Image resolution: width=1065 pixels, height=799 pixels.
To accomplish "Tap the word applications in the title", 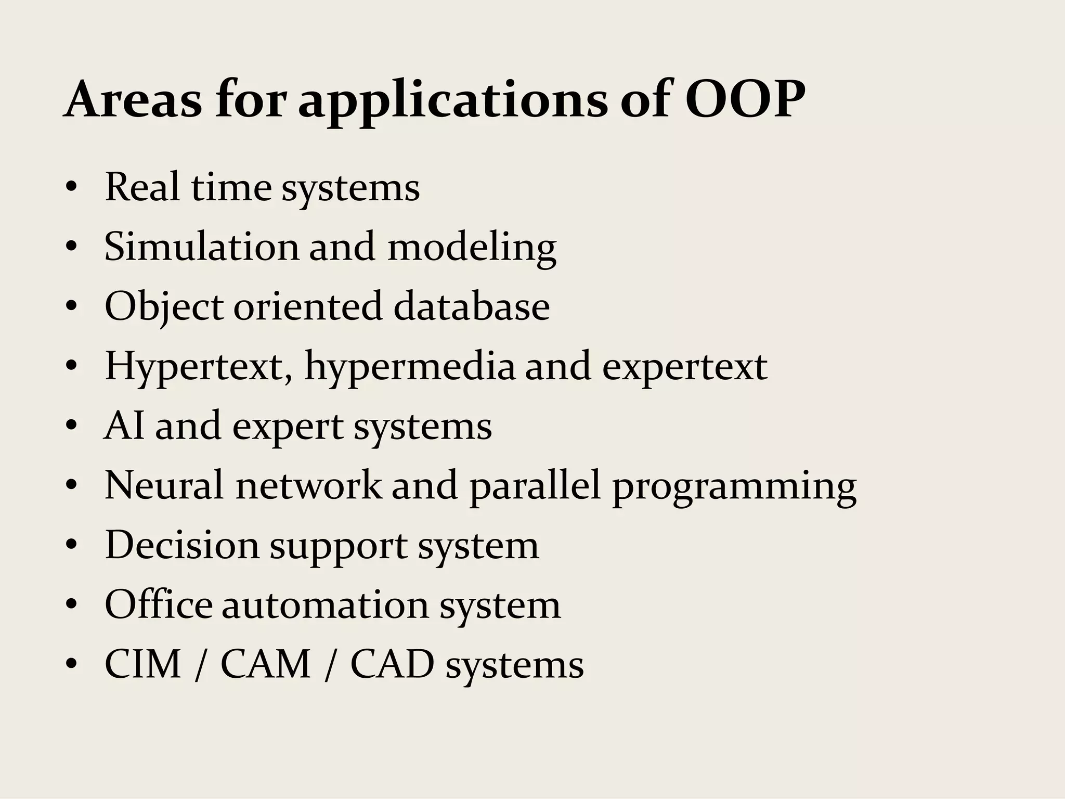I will (x=452, y=101).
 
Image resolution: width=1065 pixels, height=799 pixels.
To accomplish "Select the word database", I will (x=471, y=306).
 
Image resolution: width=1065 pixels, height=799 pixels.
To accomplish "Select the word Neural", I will (x=165, y=485).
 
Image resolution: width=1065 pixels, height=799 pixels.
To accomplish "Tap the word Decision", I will (x=182, y=545).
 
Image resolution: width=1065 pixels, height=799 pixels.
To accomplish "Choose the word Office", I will (x=158, y=604).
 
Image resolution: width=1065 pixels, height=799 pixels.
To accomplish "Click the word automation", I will (x=325, y=605).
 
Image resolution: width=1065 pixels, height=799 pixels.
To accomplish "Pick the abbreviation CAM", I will (x=266, y=664).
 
